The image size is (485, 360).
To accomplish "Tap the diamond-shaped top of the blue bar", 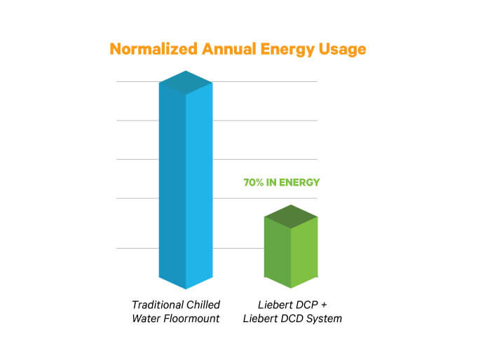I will pyautogui.click(x=186, y=82).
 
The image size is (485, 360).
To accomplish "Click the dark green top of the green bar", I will pyautogui.click(x=291, y=216).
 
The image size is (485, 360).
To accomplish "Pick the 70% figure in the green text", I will pyautogui.click(x=253, y=183).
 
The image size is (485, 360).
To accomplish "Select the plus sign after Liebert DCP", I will pyautogui.click(x=326, y=305).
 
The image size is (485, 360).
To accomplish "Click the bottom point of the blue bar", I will pyautogui.click(x=186, y=289).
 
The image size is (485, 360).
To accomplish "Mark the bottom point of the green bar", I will pyautogui.click(x=291, y=288).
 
